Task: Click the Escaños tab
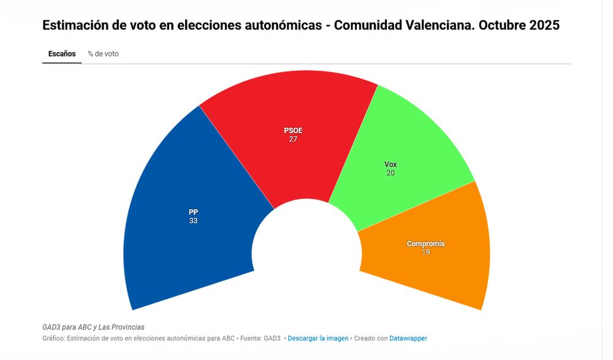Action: (x=62, y=54)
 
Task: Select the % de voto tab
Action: (x=103, y=54)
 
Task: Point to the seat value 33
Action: (x=194, y=221)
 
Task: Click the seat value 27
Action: (x=293, y=139)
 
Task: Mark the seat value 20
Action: (x=390, y=173)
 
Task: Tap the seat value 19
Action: (x=425, y=252)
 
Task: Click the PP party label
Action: (x=194, y=212)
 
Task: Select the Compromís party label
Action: (x=425, y=243)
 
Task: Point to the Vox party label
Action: (x=390, y=164)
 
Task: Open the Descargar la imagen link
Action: (x=318, y=339)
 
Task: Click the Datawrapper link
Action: (x=408, y=339)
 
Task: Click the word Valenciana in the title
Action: (x=440, y=26)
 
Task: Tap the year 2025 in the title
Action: (x=543, y=26)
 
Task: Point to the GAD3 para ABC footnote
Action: (x=93, y=327)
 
